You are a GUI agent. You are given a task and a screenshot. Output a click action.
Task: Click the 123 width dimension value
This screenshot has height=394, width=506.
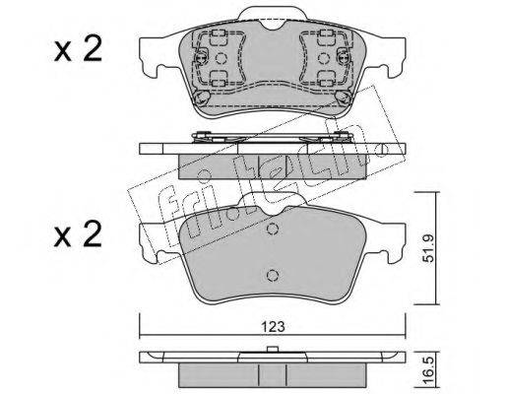pos(273,327)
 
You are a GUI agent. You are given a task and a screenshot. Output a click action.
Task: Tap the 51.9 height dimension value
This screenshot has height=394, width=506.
pos(428,248)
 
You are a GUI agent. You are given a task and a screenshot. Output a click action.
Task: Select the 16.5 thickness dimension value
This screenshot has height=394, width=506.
pos(428,368)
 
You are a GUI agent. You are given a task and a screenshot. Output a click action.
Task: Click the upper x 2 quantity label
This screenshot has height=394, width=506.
pos(78,51)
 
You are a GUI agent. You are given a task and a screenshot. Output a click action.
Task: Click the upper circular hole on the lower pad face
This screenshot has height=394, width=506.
pos(272,229)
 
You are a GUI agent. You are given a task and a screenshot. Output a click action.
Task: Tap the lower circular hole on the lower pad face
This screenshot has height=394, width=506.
pos(272,275)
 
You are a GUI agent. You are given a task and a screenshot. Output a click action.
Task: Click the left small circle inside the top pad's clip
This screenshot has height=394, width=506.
pos(221,58)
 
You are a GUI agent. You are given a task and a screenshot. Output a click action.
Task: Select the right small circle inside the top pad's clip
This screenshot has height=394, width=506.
pos(323,58)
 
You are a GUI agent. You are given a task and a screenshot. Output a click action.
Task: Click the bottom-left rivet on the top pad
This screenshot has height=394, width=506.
pos(201,98)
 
